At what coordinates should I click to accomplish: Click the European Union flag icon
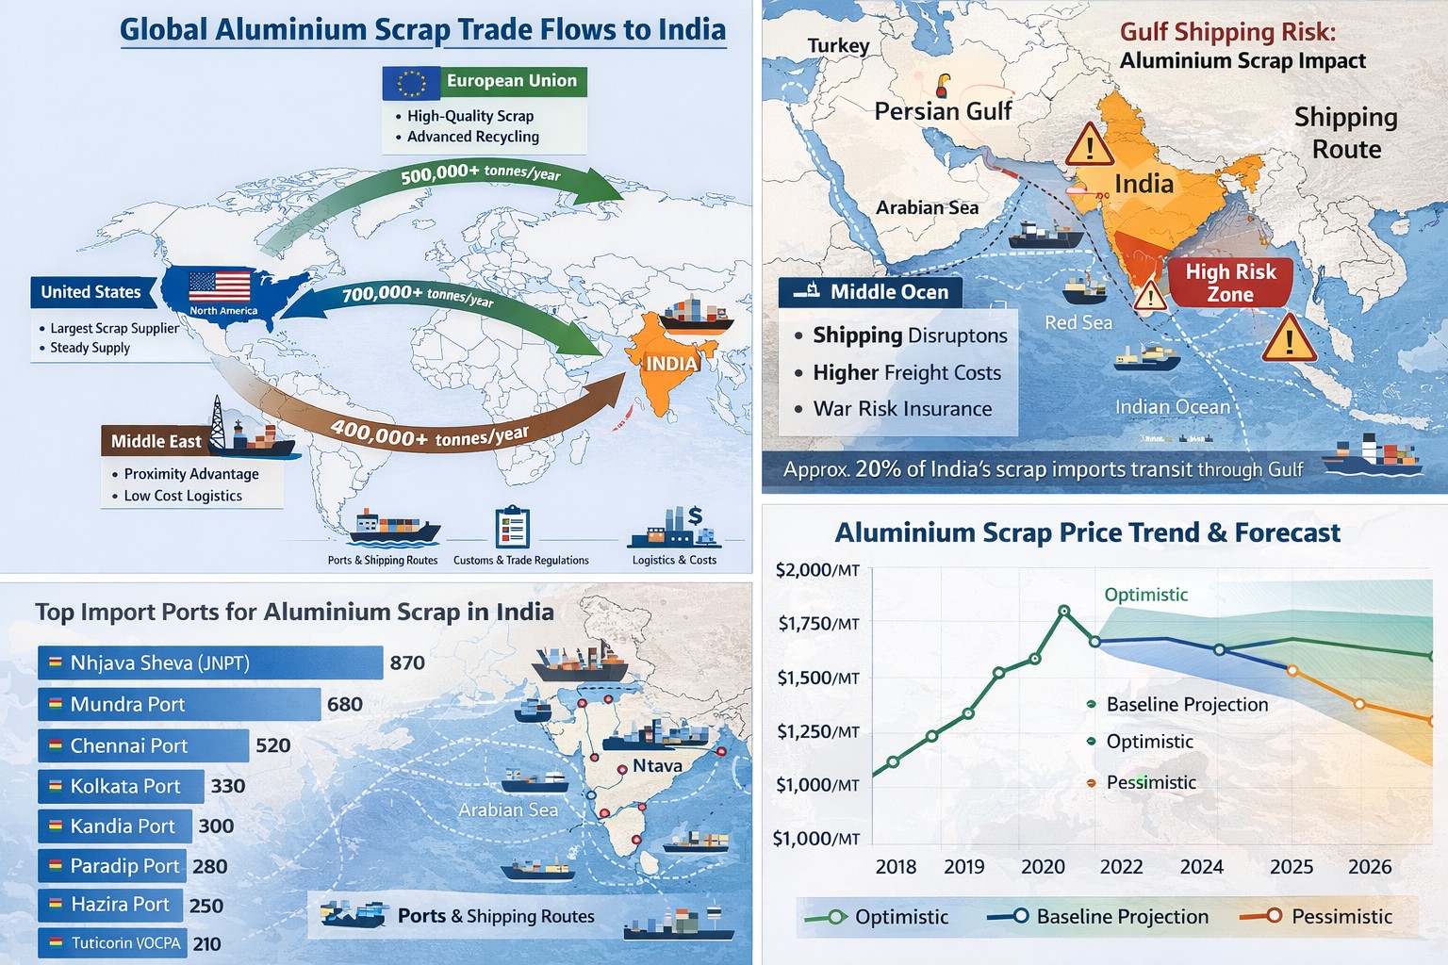(x=411, y=83)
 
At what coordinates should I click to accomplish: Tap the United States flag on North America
(x=220, y=286)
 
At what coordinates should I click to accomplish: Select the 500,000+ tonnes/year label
(x=480, y=173)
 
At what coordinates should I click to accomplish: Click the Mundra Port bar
(x=179, y=704)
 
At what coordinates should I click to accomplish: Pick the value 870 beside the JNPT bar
(x=407, y=662)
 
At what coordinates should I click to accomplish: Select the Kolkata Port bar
(x=122, y=786)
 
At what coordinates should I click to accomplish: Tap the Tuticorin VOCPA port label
(x=125, y=942)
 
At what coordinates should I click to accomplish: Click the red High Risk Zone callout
(x=1230, y=283)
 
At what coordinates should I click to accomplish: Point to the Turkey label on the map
(x=838, y=45)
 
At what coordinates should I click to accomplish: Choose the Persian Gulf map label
(x=943, y=111)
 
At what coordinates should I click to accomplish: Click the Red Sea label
(x=1078, y=322)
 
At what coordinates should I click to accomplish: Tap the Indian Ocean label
(x=1173, y=406)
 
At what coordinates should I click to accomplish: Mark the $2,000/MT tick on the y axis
(x=817, y=570)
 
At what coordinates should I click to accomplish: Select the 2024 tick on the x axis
(x=1201, y=866)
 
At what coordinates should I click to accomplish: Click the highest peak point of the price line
(x=1064, y=611)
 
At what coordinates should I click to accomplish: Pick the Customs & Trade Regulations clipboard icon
(x=512, y=528)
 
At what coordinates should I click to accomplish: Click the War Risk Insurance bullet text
(x=902, y=409)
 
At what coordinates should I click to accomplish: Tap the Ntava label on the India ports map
(x=657, y=765)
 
